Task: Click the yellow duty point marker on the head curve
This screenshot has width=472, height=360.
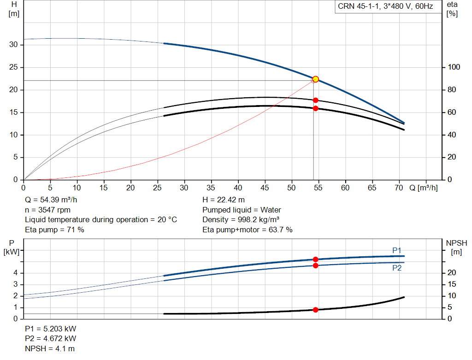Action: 315,79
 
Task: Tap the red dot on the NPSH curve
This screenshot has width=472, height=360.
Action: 316,310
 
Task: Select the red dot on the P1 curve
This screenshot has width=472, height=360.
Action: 316,260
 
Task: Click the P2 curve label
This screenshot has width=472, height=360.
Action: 396,268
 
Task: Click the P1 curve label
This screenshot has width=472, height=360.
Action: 397,250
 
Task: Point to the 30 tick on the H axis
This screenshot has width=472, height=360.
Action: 14,45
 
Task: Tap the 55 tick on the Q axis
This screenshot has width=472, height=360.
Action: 318,188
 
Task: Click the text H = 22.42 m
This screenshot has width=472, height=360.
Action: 224,200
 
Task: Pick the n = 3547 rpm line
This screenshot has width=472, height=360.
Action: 47,210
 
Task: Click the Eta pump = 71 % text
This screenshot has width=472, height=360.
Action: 54,229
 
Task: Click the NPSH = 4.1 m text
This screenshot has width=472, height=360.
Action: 50,348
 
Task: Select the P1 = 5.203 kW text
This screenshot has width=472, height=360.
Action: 51,329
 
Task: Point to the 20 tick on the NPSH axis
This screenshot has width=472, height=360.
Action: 452,273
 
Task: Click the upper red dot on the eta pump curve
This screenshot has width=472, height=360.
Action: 316,100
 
